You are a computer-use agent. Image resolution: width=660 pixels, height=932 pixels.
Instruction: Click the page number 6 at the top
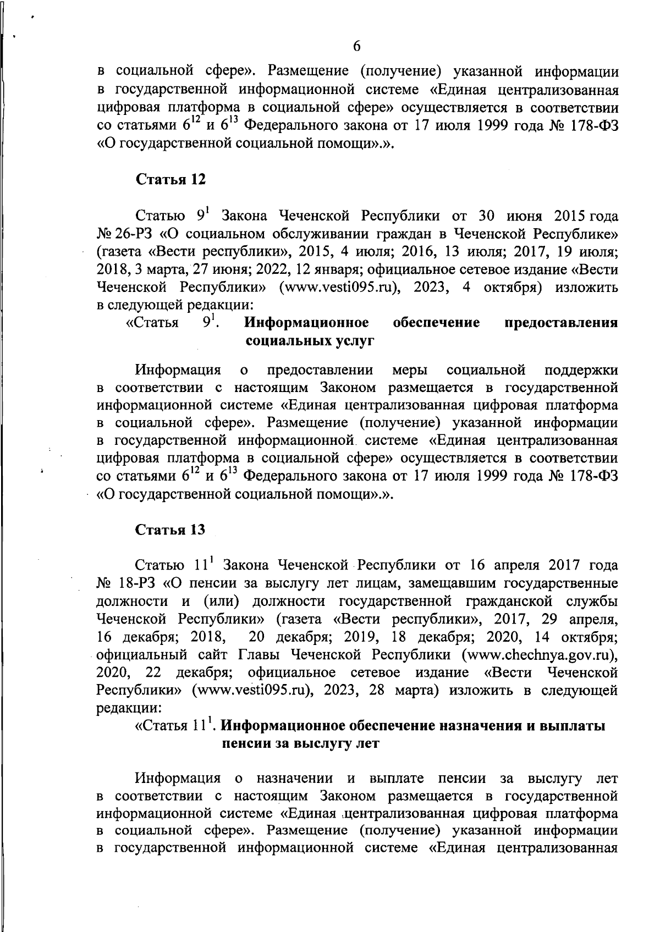356,47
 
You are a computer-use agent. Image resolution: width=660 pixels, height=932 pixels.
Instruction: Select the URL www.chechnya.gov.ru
538,655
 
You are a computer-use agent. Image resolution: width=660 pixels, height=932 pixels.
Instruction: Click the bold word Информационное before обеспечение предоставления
306,323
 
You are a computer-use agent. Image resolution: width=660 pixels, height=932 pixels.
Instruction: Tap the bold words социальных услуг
310,340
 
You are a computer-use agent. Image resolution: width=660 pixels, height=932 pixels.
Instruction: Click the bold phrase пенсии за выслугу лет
300,744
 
